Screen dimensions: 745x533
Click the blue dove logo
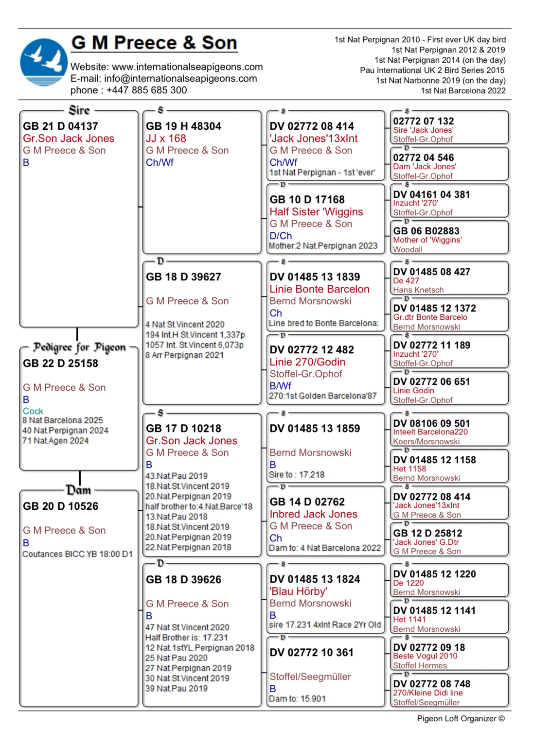tap(44, 62)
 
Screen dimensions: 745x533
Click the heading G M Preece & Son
tap(154, 43)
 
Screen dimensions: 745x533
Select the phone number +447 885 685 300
tap(146, 90)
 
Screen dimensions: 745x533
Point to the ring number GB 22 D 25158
tap(60, 364)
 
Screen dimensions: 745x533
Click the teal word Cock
tap(33, 411)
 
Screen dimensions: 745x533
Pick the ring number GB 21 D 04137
tap(60, 126)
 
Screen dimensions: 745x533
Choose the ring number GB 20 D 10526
tap(60, 506)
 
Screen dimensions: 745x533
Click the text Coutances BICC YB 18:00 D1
tap(77, 554)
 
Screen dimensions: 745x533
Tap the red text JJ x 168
tap(166, 139)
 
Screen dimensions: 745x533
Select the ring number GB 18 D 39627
tap(183, 277)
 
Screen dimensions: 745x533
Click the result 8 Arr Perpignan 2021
tap(184, 355)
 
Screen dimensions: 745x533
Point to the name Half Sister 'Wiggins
tap(316, 212)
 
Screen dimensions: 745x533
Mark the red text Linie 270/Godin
tap(307, 362)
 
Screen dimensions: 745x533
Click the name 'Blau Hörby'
tap(298, 591)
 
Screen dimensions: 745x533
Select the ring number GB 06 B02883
tap(426, 231)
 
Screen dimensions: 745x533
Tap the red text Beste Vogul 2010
tap(425, 656)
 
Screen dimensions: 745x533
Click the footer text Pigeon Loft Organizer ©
tap(461, 718)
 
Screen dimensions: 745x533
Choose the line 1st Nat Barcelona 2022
tap(463, 90)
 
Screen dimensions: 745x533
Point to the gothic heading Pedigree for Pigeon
tap(79, 347)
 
